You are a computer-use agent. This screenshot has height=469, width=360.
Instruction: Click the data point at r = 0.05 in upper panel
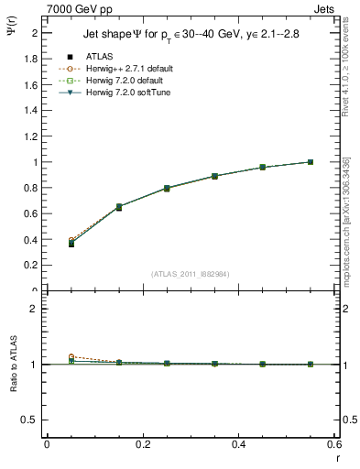coord(71,244)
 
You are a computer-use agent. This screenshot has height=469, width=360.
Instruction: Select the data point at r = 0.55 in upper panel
coord(311,162)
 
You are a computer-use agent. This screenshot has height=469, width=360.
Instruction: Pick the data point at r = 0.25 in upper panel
coord(167,188)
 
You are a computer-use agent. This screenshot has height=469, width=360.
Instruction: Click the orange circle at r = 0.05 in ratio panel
coord(71,356)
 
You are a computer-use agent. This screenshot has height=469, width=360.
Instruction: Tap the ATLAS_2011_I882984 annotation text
coord(191,274)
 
